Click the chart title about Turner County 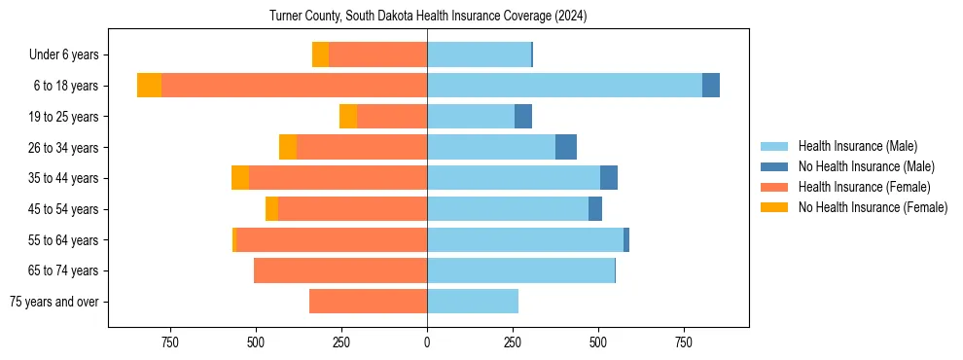tap(428, 17)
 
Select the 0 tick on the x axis tap(427, 342)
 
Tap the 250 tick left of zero tap(341, 342)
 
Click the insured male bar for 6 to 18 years tap(564, 86)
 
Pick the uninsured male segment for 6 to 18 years tap(711, 86)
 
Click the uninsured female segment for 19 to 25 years tap(348, 117)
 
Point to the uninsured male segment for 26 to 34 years tap(566, 147)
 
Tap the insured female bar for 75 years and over tap(368, 302)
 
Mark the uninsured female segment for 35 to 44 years tap(240, 178)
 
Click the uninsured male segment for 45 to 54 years tap(595, 209)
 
